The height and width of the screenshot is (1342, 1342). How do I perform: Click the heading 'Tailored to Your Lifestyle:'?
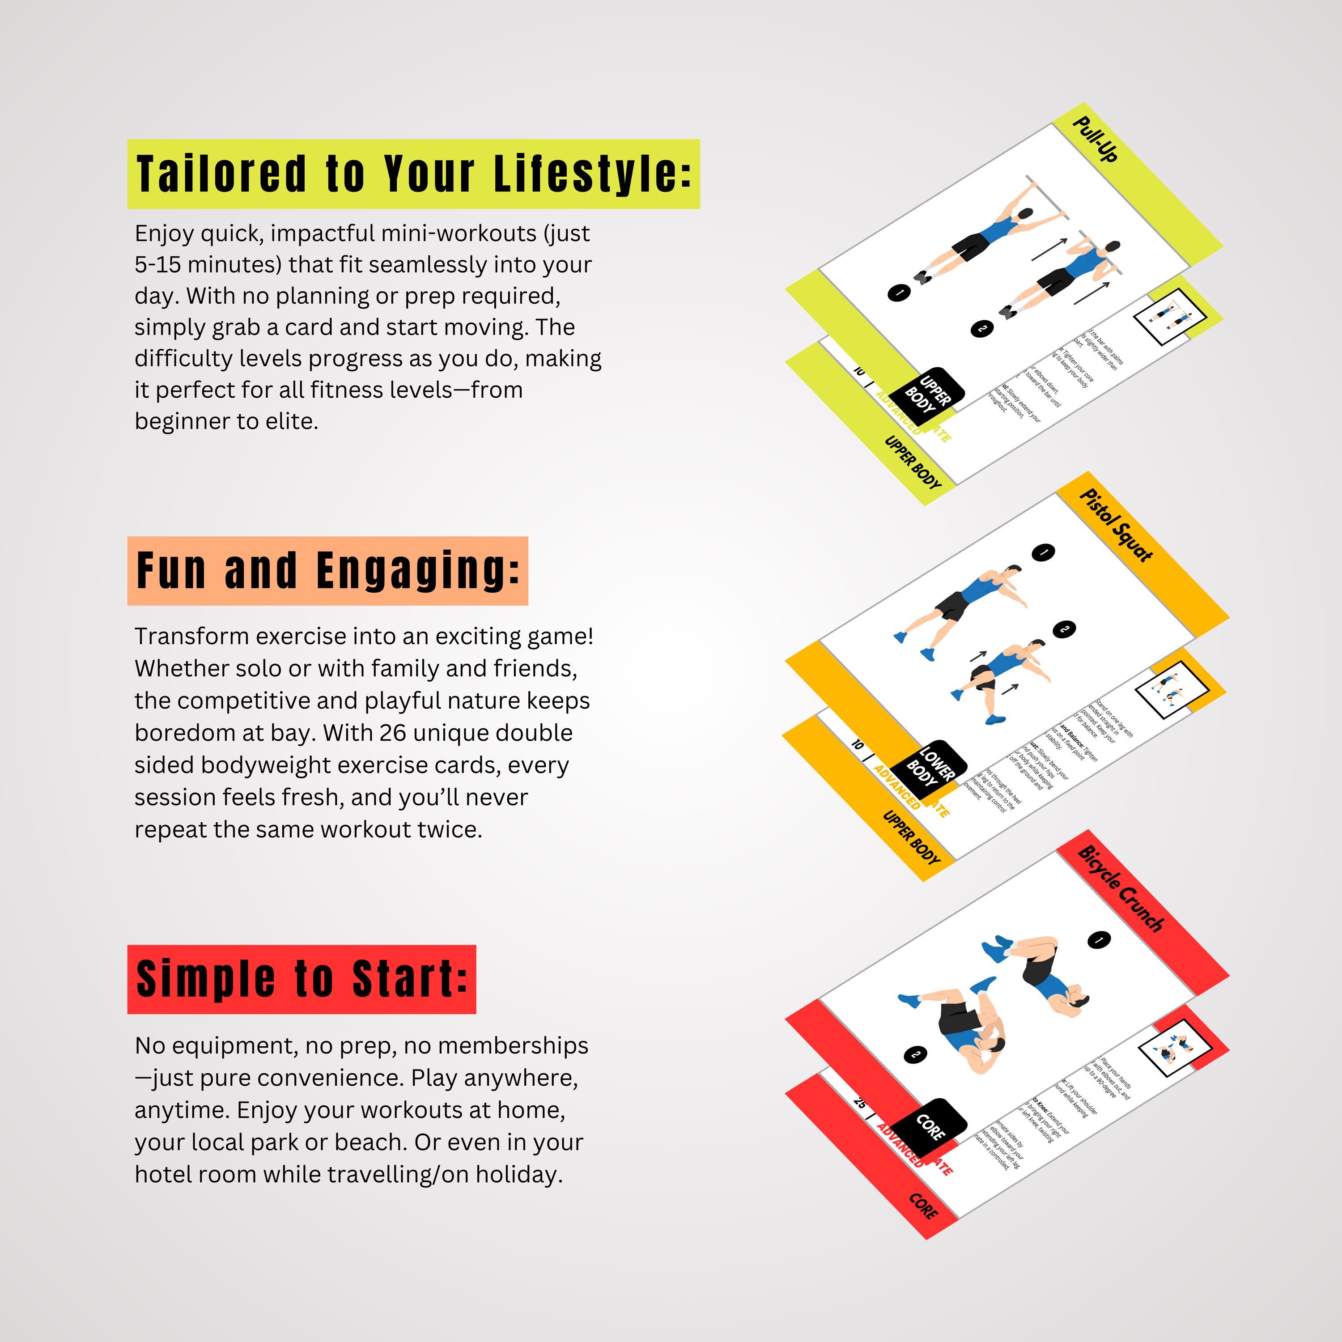[413, 174]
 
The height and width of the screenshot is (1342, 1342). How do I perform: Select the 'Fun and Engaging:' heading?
[327, 570]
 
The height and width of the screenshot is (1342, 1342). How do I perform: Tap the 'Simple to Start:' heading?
[302, 979]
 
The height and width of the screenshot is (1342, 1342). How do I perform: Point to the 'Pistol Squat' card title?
[1116, 524]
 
